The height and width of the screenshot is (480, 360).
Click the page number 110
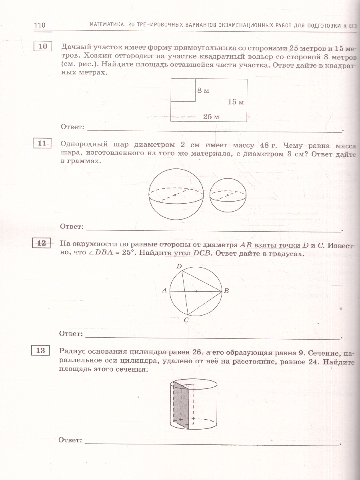click(40, 25)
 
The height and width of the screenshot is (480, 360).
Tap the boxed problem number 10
click(43, 46)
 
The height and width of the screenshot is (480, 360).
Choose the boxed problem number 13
click(40, 351)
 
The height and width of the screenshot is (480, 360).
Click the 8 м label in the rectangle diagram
click(203, 90)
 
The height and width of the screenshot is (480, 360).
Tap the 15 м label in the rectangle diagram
click(236, 102)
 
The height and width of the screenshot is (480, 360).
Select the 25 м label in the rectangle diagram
click(211, 117)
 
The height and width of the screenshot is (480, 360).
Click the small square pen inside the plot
click(183, 90)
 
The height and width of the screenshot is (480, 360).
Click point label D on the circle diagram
click(179, 266)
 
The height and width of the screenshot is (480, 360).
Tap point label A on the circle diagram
click(164, 291)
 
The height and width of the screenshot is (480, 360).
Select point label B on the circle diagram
click(226, 291)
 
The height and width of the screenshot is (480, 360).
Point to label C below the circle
click(186, 320)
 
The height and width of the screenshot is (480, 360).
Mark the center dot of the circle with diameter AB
click(196, 291)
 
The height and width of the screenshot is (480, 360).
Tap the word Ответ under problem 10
click(72, 127)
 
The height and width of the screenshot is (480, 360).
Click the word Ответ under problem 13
click(70, 440)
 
